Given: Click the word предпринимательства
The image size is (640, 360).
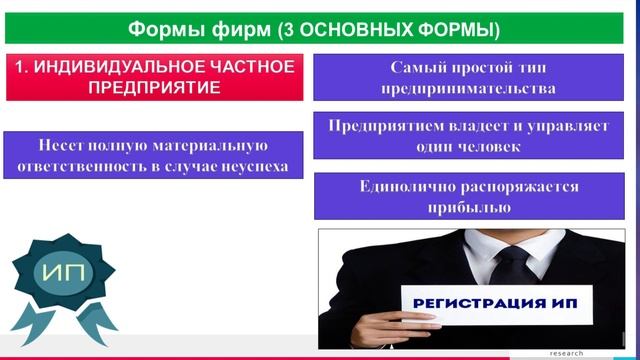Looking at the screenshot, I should (x=468, y=88).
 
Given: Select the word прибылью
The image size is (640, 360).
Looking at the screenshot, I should (x=468, y=207).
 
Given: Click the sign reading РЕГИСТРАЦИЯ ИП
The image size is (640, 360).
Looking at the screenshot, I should (x=487, y=302).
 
